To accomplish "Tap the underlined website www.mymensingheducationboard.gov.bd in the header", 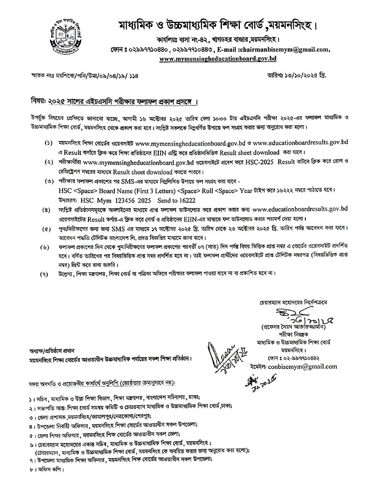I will [x=218, y=59].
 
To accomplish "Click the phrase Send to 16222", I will [x=176, y=201].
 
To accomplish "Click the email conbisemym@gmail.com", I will [x=302, y=366].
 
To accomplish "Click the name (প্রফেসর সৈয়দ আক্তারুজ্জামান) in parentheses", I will [x=293, y=327].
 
